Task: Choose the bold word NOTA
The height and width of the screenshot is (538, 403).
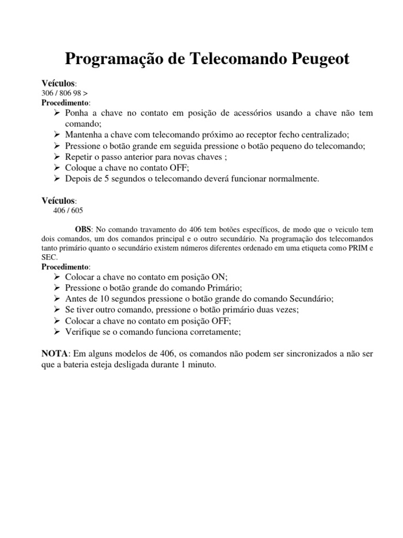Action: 55,354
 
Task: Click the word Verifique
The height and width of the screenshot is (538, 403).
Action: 83,332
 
